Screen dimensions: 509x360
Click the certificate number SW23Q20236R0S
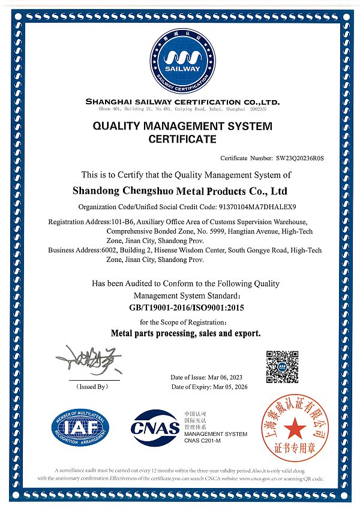pos(300,158)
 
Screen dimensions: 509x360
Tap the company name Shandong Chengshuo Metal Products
pos(179,192)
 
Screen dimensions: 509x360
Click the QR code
pos(282,367)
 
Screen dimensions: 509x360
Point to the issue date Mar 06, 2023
pos(225,377)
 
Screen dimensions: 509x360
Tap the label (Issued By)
pos(92,387)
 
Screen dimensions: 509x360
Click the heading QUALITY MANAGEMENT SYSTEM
pos(182,127)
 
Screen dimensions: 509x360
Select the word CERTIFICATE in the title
pos(182,140)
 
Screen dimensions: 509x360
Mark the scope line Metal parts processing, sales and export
pos(186,333)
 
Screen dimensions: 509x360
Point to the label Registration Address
pos(75,222)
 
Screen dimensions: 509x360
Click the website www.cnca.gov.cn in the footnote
pos(263,479)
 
